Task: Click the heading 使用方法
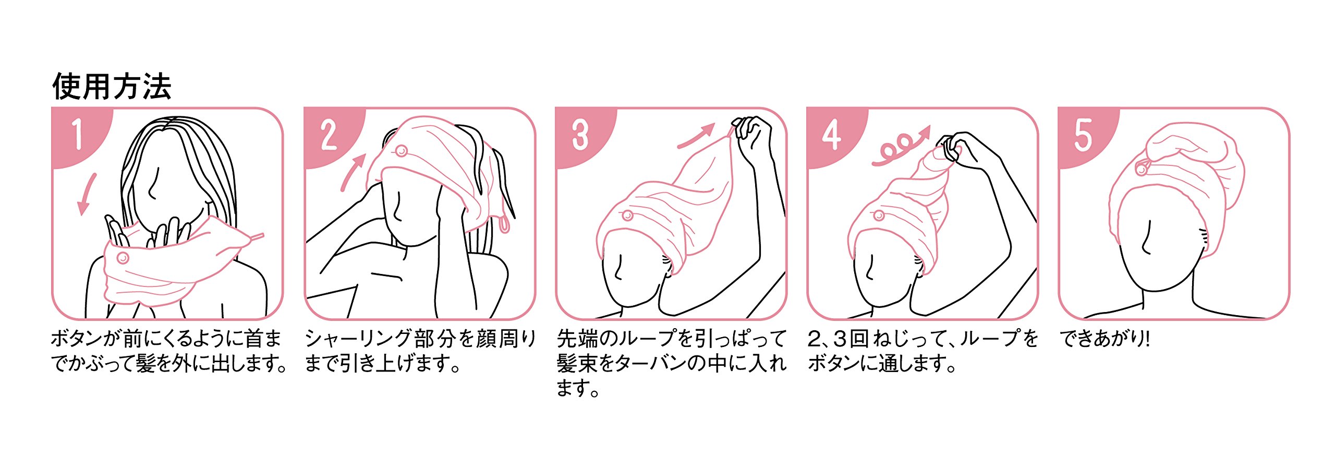tap(112, 87)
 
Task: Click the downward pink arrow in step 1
tap(87, 194)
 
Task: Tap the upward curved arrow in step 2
tap(353, 172)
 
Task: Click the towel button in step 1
tap(123, 257)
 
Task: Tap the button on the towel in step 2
tap(401, 151)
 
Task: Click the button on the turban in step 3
tap(627, 215)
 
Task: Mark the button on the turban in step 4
tap(879, 215)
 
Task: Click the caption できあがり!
tap(1105, 339)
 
